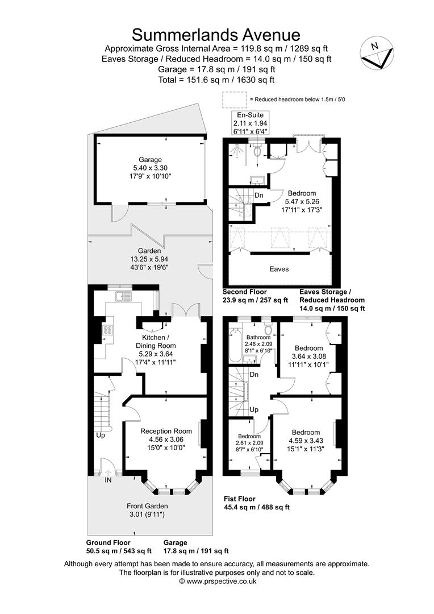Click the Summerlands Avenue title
[216, 35]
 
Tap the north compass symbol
[377, 53]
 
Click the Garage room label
[150, 160]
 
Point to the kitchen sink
[124, 296]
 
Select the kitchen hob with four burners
[107, 330]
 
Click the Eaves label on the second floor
[279, 269]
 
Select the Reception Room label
[166, 431]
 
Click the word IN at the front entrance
[108, 480]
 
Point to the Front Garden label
[147, 506]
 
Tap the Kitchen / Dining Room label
[156, 342]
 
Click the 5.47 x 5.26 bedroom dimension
[302, 202]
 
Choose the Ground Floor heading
[108, 542]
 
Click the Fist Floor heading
[240, 499]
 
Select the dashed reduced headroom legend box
[235, 99]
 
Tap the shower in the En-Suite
[237, 150]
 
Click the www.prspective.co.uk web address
[218, 582]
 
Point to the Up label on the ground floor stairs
[101, 435]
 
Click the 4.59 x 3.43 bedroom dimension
[306, 441]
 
